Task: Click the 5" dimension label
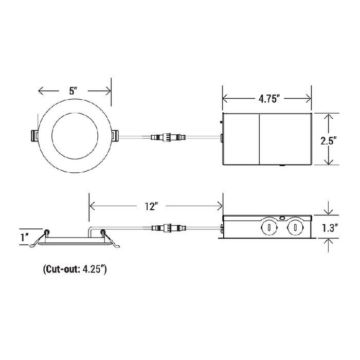click(x=73, y=91)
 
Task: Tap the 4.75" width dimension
click(x=269, y=99)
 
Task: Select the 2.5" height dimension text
click(x=329, y=141)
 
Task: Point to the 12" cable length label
click(x=151, y=206)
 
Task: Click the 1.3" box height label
click(x=330, y=228)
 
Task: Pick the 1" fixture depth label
click(x=24, y=237)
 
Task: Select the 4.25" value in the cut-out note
click(x=93, y=269)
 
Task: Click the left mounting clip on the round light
click(x=34, y=136)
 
